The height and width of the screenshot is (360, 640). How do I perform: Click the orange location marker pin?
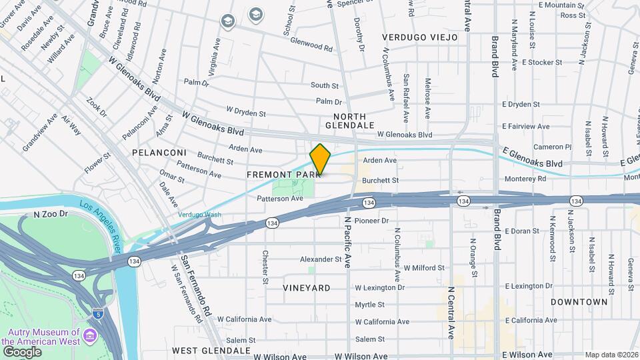(x=320, y=160)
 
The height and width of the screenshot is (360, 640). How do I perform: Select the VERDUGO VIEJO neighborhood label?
(x=420, y=38)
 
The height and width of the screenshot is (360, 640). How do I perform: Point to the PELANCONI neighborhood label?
(x=159, y=153)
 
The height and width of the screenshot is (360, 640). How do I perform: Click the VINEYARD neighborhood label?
(x=306, y=288)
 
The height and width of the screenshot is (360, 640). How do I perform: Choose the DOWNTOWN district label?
(x=579, y=302)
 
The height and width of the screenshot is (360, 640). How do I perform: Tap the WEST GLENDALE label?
(x=211, y=350)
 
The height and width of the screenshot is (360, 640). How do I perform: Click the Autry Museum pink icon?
(x=89, y=339)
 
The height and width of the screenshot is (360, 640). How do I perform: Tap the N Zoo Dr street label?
(x=51, y=215)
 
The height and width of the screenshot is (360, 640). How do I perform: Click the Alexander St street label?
(x=320, y=259)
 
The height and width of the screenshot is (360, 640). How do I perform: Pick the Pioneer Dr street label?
(x=371, y=220)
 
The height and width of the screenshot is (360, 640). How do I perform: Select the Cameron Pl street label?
(x=552, y=147)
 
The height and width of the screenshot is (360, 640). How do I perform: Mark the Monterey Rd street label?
(x=525, y=179)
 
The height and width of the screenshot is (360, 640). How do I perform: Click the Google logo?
(x=22, y=351)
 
